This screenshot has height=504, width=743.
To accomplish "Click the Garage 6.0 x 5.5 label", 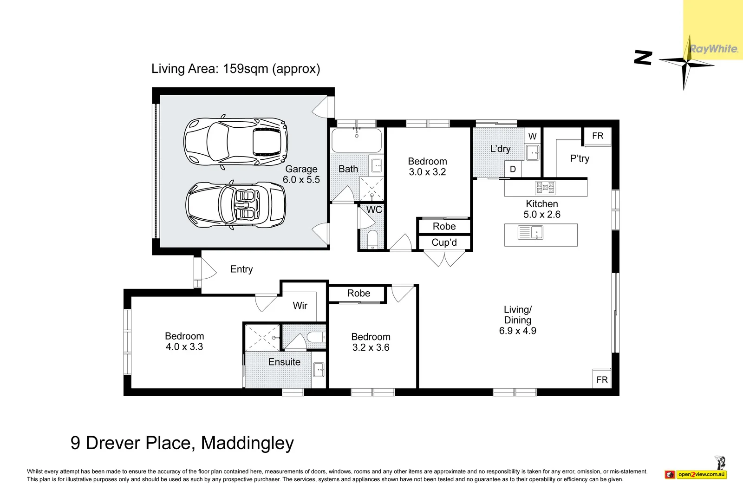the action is [301, 174].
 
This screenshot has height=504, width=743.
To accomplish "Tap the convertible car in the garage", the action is [235, 204].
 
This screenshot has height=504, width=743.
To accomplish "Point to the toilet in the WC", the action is [372, 239].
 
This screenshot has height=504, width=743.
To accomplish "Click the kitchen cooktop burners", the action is [545, 188].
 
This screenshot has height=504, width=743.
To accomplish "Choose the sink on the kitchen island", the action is [530, 233].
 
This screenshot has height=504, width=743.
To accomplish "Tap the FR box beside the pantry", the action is [598, 136].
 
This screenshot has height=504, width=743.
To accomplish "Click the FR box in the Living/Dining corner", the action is [602, 379].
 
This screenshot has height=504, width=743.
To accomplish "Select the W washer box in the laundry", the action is [532, 136].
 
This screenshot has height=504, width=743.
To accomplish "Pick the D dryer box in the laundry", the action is [513, 169].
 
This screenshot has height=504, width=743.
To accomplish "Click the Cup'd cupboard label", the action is [444, 242].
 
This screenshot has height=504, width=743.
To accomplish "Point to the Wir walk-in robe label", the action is [300, 306].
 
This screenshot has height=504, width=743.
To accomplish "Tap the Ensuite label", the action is [284, 362].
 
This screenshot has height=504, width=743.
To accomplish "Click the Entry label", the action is [241, 269].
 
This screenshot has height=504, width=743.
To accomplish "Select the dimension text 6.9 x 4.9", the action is [517, 330].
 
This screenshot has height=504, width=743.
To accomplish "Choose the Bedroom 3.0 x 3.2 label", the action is [427, 167].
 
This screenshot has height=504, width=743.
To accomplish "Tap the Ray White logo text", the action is [713, 49].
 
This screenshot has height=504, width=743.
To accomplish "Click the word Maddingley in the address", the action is [248, 443].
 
